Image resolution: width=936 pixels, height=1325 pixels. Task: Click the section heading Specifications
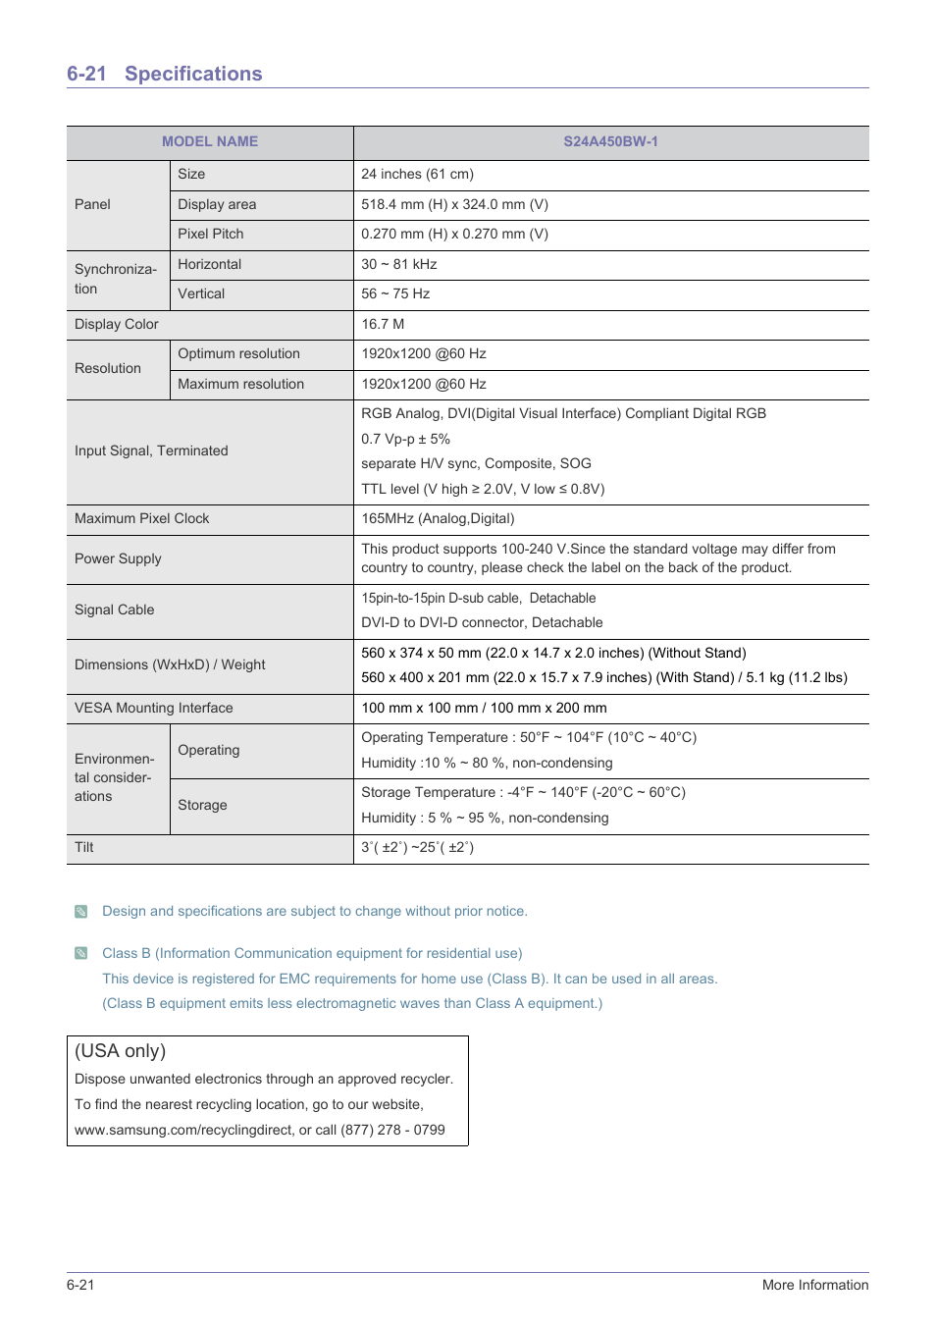[x=193, y=74]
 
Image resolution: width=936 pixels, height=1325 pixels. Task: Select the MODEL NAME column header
[x=210, y=141]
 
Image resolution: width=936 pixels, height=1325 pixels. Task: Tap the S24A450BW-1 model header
[x=610, y=141]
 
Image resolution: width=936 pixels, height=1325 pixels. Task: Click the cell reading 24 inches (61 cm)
[x=417, y=174]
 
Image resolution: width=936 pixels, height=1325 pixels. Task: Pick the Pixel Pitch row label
[x=211, y=234]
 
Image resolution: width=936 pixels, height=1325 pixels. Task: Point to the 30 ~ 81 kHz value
[x=398, y=264]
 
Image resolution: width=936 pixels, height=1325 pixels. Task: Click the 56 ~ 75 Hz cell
[x=395, y=293]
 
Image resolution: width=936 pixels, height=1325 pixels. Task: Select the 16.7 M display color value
[x=383, y=324]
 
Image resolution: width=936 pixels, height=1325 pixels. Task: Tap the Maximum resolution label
[x=240, y=384]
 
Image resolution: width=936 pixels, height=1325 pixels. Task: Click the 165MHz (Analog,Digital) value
[x=438, y=518]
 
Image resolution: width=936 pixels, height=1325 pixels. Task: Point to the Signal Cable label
[x=114, y=609]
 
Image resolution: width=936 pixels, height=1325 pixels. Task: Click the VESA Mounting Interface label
[x=154, y=708]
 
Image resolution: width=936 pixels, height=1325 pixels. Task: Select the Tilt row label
[x=84, y=847]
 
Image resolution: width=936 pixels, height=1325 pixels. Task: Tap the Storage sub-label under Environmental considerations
[x=202, y=805]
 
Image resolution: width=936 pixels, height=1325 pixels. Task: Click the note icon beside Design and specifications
[x=81, y=912]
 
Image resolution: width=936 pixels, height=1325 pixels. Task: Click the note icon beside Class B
[x=81, y=953]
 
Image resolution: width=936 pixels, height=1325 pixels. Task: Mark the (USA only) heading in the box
[x=121, y=1050]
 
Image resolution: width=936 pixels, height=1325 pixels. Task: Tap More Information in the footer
[x=814, y=1285]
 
